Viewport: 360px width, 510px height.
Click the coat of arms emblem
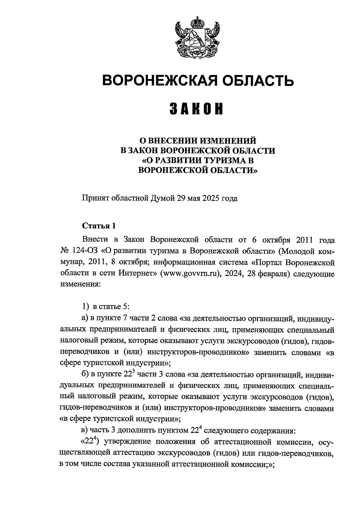(x=197, y=38)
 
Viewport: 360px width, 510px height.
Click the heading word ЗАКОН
(x=197, y=109)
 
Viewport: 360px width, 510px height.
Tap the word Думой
(x=161, y=199)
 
